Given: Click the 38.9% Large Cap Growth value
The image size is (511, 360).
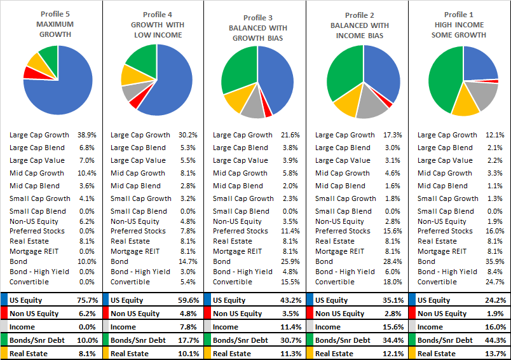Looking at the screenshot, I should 86,135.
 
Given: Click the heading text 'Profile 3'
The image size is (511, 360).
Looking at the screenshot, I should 257,18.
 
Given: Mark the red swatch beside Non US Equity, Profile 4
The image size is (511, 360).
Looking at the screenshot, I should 106,314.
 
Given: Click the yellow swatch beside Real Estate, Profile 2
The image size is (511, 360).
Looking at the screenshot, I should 310,354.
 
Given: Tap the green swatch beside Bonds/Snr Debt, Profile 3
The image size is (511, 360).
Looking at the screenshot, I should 208,340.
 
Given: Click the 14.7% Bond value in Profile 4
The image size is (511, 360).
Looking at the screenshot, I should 187,261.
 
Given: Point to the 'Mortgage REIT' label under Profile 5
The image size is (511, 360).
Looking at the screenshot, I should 34,251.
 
